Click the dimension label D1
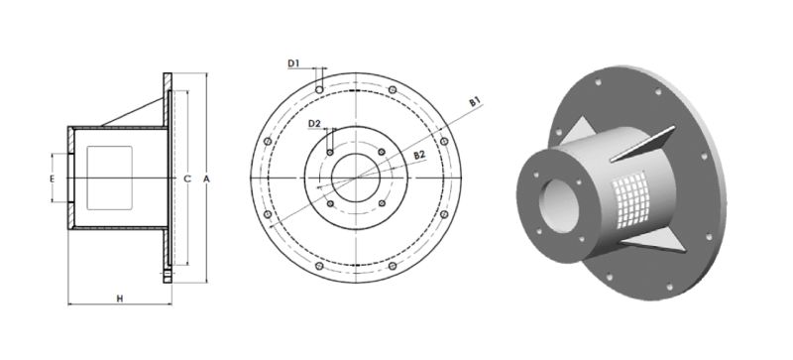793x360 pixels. click(293, 63)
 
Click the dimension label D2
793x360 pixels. click(314, 124)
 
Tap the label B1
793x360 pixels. click(475, 102)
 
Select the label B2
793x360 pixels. click(419, 155)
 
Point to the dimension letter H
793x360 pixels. click(120, 299)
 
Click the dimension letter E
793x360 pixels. click(52, 179)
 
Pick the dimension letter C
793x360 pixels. click(187, 179)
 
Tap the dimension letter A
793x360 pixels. click(206, 179)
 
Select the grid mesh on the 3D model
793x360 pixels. click(630, 200)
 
